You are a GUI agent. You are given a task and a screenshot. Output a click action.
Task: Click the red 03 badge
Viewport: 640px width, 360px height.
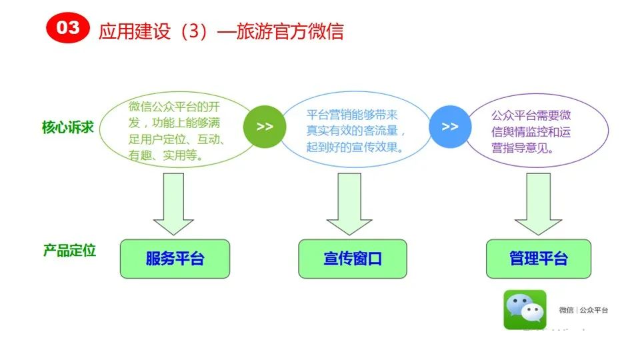click(67, 28)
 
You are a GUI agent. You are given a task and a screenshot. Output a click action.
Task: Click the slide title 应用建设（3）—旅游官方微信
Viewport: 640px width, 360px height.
click(221, 31)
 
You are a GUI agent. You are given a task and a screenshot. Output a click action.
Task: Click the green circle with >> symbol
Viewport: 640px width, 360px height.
click(265, 126)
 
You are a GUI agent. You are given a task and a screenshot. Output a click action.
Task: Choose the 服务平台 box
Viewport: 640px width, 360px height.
click(175, 259)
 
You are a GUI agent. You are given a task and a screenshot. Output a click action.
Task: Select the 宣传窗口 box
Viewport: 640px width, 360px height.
click(353, 259)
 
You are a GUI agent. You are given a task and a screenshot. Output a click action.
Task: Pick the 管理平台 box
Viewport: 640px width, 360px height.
click(538, 259)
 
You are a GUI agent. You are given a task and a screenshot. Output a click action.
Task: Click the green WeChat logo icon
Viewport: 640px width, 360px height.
click(525, 309)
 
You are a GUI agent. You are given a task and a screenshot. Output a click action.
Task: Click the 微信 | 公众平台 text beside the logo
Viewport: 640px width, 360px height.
click(583, 310)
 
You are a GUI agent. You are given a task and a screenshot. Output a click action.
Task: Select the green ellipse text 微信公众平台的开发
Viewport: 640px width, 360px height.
click(175, 107)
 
